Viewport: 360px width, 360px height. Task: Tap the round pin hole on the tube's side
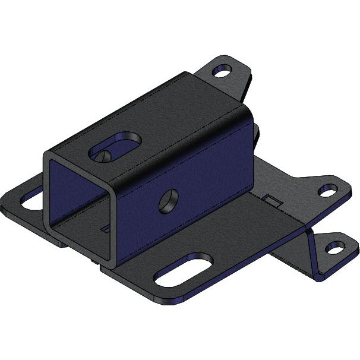point(169,201)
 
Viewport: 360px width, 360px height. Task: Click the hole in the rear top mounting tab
point(222,71)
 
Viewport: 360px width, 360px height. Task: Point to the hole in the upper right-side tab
point(327,190)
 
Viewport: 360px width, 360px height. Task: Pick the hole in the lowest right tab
point(335,248)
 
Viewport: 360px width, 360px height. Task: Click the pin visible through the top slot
point(105,156)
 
